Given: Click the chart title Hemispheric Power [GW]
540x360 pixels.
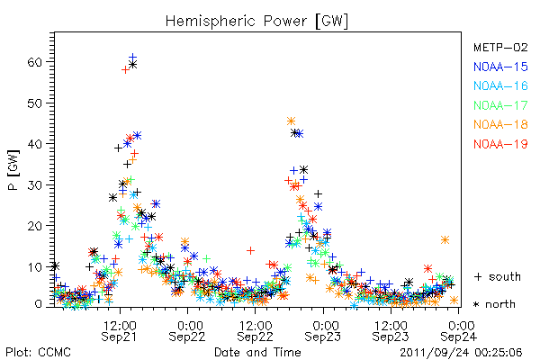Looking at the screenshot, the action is (x=256, y=22).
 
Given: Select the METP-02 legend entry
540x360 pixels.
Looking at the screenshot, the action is (x=500, y=47).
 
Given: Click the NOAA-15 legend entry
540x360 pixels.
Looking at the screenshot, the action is (x=500, y=67).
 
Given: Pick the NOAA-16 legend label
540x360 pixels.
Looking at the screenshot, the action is (x=500, y=85).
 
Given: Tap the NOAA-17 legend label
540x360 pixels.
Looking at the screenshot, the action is (x=500, y=105).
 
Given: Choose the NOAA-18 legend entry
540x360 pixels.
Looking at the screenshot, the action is (x=500, y=124).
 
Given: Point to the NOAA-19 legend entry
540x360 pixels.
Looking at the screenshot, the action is (x=500, y=144).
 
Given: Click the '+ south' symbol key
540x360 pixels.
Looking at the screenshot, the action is (x=498, y=276).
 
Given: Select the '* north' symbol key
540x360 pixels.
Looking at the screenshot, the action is (x=494, y=304).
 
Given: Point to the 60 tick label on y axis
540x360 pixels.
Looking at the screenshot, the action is (x=34, y=62).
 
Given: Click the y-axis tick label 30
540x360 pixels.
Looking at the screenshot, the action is (x=34, y=185).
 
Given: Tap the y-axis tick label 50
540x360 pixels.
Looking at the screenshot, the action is (x=34, y=103).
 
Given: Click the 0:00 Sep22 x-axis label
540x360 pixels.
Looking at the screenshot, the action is (x=187, y=330).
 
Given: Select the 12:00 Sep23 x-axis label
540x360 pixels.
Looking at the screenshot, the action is (x=391, y=330).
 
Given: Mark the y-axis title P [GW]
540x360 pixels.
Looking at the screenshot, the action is (x=13, y=170).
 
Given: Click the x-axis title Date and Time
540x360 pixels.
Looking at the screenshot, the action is (x=257, y=352).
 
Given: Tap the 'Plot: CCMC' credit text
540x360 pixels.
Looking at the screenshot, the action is (x=38, y=352).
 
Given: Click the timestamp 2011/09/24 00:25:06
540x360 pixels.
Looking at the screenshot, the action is (x=461, y=353).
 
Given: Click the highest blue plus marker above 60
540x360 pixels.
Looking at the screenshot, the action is (x=132, y=58).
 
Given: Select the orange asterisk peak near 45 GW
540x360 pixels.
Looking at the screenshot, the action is (x=291, y=121).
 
